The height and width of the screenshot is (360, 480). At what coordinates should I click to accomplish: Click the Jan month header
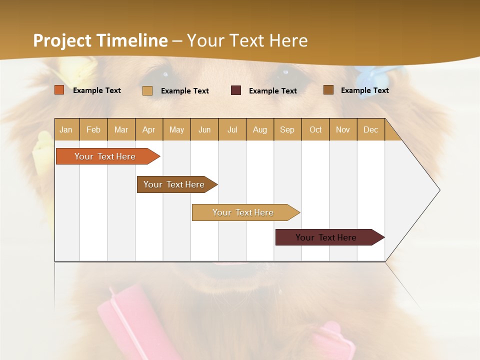click(x=66, y=129)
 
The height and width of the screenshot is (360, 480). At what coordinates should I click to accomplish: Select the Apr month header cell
click(x=149, y=129)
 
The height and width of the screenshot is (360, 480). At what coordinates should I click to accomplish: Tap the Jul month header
click(x=232, y=129)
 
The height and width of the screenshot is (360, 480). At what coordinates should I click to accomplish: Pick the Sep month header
click(x=287, y=129)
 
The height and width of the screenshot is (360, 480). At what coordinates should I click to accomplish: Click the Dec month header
click(x=370, y=129)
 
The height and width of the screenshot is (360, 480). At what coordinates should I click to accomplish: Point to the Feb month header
click(x=93, y=129)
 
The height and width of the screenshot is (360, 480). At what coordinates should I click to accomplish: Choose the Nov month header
click(x=343, y=129)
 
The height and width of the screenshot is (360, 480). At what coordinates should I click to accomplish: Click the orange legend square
click(x=59, y=90)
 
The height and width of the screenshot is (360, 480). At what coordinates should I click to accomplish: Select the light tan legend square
click(x=147, y=90)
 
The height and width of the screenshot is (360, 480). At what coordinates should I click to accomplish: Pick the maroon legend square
click(x=236, y=90)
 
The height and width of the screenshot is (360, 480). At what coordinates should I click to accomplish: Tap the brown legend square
click(x=328, y=90)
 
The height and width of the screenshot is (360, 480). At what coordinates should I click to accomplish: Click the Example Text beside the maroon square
click(x=273, y=91)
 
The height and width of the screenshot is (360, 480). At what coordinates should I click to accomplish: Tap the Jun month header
click(x=204, y=129)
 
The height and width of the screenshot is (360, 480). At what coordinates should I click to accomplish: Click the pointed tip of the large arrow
click(x=438, y=190)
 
